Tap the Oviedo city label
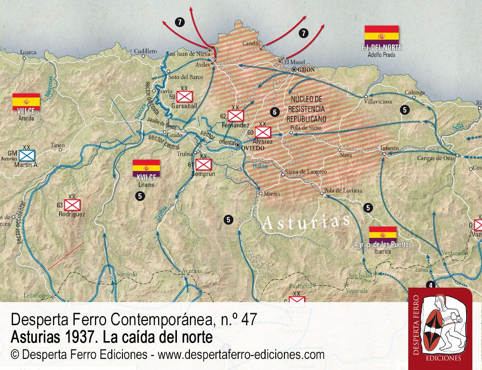[x=253, y=148]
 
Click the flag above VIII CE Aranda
[x=26, y=100]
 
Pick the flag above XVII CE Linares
[x=146, y=167]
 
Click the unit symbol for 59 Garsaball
[x=185, y=96]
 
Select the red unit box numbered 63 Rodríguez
[x=72, y=205]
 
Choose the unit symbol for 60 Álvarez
[x=263, y=132]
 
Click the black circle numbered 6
[x=275, y=112]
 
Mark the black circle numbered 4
[x=430, y=285]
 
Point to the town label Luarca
[x=28, y=52]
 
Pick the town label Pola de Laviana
[x=343, y=190]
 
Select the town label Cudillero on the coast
[x=146, y=51]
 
